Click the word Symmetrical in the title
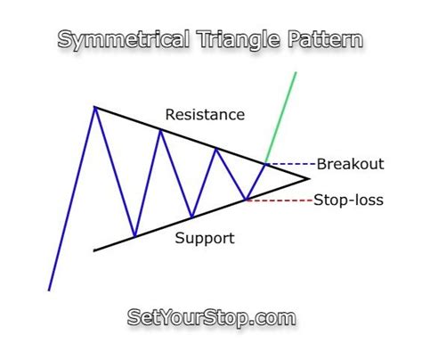(x=124, y=39)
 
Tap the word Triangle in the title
(x=239, y=39)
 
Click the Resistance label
(x=205, y=115)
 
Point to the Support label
(x=205, y=238)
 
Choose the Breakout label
(x=351, y=164)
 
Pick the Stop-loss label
(x=349, y=200)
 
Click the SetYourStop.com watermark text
(x=211, y=317)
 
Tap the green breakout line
(x=280, y=118)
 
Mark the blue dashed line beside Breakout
(x=291, y=164)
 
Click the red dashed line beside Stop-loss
(x=280, y=200)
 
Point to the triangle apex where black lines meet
(x=309, y=178)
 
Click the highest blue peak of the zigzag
(x=95, y=107)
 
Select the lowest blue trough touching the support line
(x=134, y=236)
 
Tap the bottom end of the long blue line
(x=49, y=290)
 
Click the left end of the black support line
(x=94, y=250)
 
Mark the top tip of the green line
(x=296, y=72)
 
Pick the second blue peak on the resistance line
(x=160, y=130)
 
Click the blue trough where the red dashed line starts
(x=246, y=200)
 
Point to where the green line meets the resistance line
(x=265, y=163)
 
